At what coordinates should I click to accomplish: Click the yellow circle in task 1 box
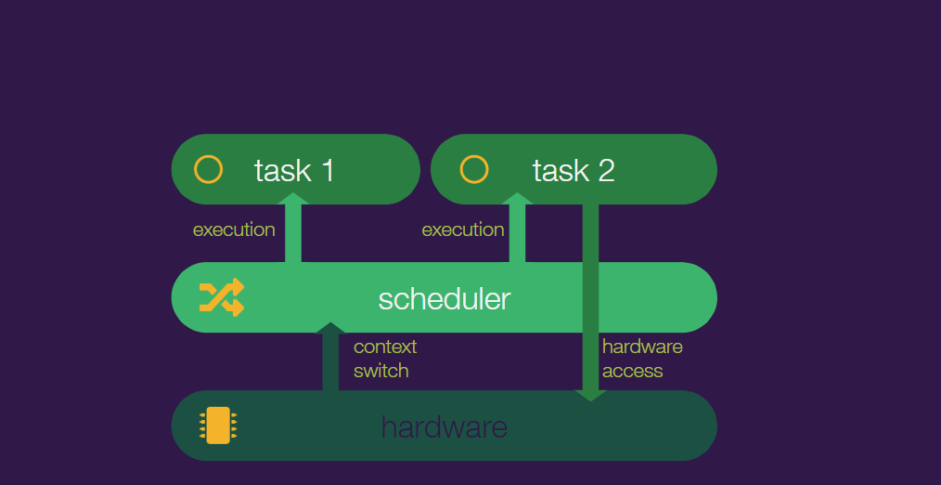pyautogui.click(x=208, y=156)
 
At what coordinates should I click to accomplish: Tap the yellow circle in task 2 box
pyautogui.click(x=474, y=156)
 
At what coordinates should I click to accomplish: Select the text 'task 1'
pyautogui.click(x=294, y=171)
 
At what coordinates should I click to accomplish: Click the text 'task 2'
pyautogui.click(x=574, y=171)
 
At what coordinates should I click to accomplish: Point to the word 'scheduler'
pyautogui.click(x=445, y=298)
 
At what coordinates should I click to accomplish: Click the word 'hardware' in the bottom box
pyautogui.click(x=445, y=427)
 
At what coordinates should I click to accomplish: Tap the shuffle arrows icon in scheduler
pyautogui.click(x=222, y=297)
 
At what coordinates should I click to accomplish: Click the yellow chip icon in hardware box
pyautogui.click(x=218, y=426)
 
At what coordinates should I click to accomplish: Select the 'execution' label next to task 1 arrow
pyautogui.click(x=234, y=229)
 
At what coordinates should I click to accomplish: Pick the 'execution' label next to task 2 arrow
pyautogui.click(x=463, y=229)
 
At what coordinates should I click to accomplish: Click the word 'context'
pyautogui.click(x=385, y=347)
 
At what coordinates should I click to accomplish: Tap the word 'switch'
pyautogui.click(x=381, y=370)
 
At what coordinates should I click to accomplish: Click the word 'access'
pyautogui.click(x=633, y=371)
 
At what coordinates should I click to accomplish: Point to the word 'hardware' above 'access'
pyautogui.click(x=643, y=347)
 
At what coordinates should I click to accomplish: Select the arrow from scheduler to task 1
pyautogui.click(x=293, y=228)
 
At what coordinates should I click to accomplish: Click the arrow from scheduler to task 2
pyautogui.click(x=517, y=228)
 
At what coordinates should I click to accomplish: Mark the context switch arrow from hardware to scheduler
pyautogui.click(x=330, y=357)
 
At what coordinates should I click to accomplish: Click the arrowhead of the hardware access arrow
pyautogui.click(x=590, y=395)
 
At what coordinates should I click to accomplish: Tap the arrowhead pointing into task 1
pyautogui.click(x=293, y=198)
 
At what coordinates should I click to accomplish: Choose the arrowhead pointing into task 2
pyautogui.click(x=517, y=198)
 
